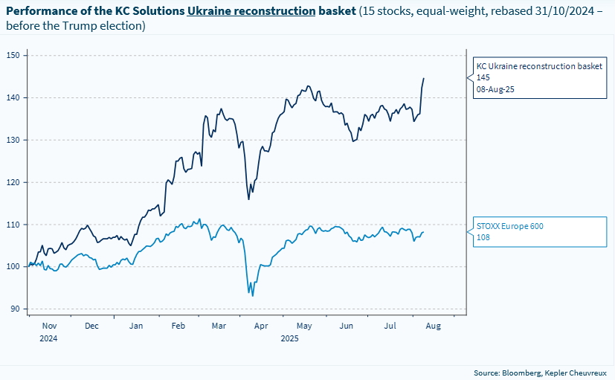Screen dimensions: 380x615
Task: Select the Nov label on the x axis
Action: click(49, 326)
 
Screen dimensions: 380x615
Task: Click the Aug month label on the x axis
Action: click(433, 326)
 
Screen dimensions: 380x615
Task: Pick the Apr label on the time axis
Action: click(260, 326)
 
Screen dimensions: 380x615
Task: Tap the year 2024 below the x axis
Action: click(49, 338)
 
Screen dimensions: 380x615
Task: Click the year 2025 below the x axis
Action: click(290, 338)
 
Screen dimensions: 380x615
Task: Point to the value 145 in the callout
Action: click(483, 77)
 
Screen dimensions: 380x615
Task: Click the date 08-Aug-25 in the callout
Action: click(495, 88)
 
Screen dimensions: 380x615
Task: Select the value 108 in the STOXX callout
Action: click(483, 238)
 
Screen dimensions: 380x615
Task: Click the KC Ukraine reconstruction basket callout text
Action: click(538, 66)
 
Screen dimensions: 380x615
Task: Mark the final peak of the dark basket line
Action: click(424, 78)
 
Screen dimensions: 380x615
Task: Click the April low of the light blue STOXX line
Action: click(253, 296)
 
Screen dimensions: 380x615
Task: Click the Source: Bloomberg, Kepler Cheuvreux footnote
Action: click(540, 372)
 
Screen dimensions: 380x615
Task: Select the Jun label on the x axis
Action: click(346, 326)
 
